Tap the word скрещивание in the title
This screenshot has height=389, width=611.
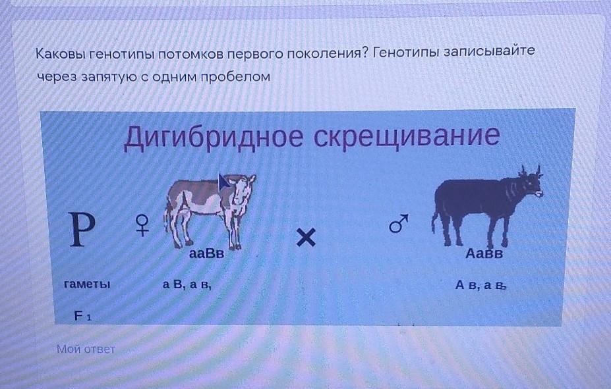[x=407, y=136]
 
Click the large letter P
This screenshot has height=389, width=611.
[x=82, y=229]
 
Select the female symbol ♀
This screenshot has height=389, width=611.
[x=142, y=226]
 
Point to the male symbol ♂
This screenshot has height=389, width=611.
[x=399, y=223]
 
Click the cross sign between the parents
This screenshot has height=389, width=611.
[x=306, y=238]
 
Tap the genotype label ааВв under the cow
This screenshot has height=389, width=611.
[x=206, y=254]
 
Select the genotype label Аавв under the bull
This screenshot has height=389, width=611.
[x=484, y=254]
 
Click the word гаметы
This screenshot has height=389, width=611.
[x=87, y=284]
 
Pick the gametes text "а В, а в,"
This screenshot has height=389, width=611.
[x=187, y=285]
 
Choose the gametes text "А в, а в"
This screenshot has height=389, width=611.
[x=480, y=286]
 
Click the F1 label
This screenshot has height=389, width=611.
[x=83, y=316]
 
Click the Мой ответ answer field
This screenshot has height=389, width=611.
[x=86, y=349]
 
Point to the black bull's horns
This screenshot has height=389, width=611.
[x=530, y=170]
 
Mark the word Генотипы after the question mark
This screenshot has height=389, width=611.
[x=405, y=52]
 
